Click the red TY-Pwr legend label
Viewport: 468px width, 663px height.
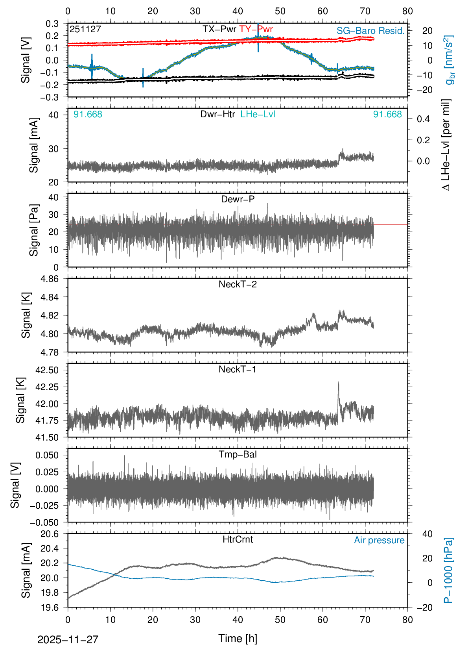click(256, 29)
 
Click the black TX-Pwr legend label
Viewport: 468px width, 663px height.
click(219, 29)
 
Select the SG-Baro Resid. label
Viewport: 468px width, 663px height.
click(370, 31)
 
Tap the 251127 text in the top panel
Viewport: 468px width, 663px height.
click(85, 29)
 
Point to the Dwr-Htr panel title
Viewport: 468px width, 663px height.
click(217, 114)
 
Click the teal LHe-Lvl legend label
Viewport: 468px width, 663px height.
click(258, 114)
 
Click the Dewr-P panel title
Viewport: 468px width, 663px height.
click(238, 199)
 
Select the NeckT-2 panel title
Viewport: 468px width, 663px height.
click(238, 284)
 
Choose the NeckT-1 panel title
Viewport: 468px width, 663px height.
click(238, 369)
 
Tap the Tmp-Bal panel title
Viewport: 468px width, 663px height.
click(238, 454)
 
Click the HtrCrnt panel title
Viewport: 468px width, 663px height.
click(238, 539)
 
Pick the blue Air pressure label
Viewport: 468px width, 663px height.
click(379, 540)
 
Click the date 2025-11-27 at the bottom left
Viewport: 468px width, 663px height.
click(68, 639)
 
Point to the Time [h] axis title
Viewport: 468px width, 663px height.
click(238, 638)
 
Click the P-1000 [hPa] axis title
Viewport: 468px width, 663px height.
click(448, 570)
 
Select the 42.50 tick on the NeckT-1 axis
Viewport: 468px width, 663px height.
click(47, 370)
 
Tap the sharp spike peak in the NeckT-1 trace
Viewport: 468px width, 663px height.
click(338, 382)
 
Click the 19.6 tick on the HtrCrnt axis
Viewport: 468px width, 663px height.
click(50, 607)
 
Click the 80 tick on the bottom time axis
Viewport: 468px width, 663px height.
click(407, 620)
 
